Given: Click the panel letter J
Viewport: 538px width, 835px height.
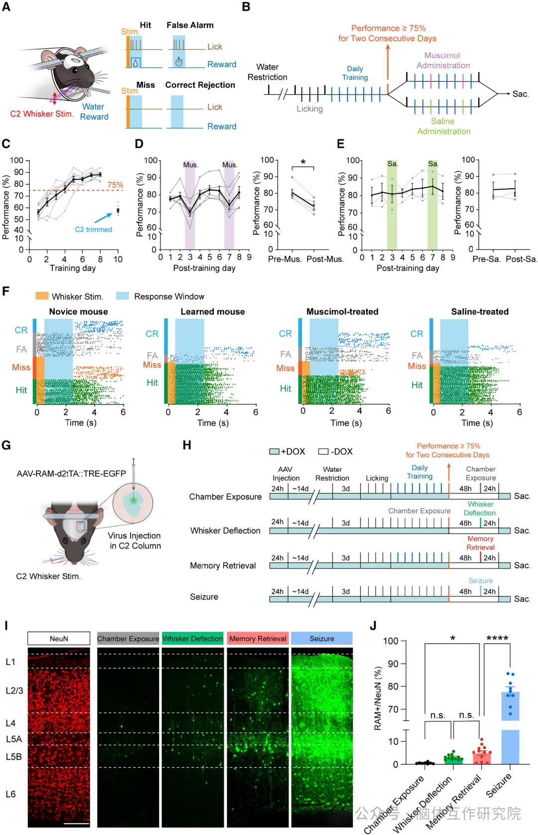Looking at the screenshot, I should pyautogui.click(x=373, y=626).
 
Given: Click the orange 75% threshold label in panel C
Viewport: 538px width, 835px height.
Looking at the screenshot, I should pyautogui.click(x=115, y=185).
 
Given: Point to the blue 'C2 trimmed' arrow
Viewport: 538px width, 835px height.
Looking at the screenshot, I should pyautogui.click(x=103, y=218).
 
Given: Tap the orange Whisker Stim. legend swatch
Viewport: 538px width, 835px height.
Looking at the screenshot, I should pyautogui.click(x=42, y=296).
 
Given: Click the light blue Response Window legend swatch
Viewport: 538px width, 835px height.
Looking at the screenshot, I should pyautogui.click(x=123, y=296).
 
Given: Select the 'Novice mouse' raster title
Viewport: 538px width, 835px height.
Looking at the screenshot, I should pyautogui.click(x=78, y=312).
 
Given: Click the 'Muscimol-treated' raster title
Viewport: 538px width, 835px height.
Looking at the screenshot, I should pyautogui.click(x=342, y=312).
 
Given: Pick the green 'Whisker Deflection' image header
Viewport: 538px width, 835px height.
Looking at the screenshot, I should pyautogui.click(x=193, y=639).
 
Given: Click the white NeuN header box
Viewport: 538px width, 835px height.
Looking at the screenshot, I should pyautogui.click(x=59, y=639).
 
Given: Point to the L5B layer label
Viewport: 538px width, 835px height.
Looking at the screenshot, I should pyautogui.click(x=14, y=757).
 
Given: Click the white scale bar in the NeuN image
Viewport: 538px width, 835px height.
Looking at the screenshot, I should pyautogui.click(x=76, y=824).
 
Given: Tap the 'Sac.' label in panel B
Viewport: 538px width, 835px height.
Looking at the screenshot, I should pyautogui.click(x=521, y=94).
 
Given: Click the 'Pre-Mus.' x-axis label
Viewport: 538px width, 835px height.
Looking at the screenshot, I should pyautogui.click(x=285, y=259).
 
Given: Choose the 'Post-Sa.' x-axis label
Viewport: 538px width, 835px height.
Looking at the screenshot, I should pyautogui.click(x=522, y=259).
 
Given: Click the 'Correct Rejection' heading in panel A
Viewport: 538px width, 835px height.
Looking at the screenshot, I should pyautogui.click(x=200, y=85).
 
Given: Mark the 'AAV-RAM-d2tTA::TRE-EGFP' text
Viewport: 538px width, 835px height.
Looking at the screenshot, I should pyautogui.click(x=71, y=474).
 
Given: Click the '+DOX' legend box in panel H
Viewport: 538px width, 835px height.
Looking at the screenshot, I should pyautogui.click(x=274, y=451).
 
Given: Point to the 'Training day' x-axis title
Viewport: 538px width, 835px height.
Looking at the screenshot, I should pyautogui.click(x=73, y=268).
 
